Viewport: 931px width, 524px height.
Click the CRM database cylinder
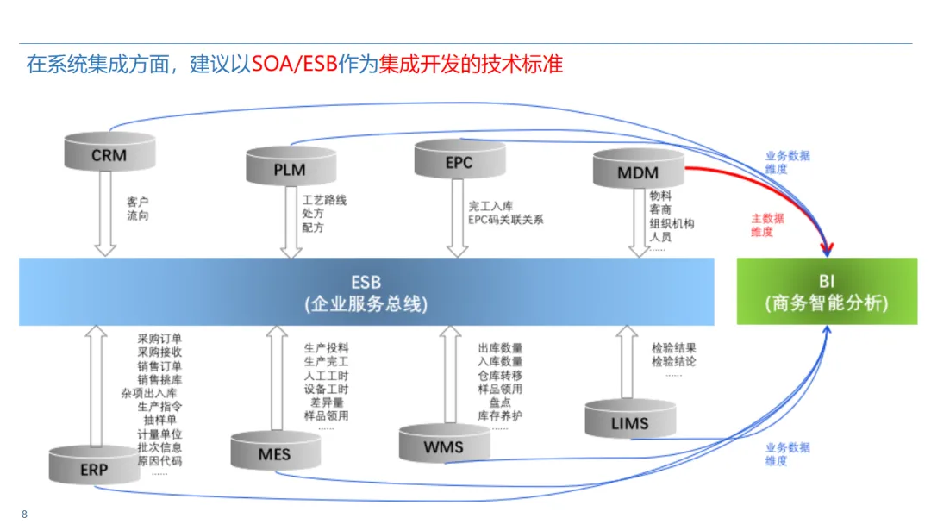pos(109,153)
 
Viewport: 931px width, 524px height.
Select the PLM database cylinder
pos(290,166)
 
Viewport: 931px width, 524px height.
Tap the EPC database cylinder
pos(459,159)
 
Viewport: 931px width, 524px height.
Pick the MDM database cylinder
pos(638,169)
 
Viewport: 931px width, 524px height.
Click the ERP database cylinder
pos(94,466)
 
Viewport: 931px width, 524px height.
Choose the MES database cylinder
pos(275,451)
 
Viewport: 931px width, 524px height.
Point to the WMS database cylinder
pos(443,443)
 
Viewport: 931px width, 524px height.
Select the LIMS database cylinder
pos(629,420)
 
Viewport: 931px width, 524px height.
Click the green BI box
pos(826,292)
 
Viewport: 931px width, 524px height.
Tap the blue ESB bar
pos(366,292)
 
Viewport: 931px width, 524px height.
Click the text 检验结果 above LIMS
pos(673,348)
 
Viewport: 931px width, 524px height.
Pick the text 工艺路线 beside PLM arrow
pos(323,200)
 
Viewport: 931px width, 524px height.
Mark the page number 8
pos(24,514)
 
